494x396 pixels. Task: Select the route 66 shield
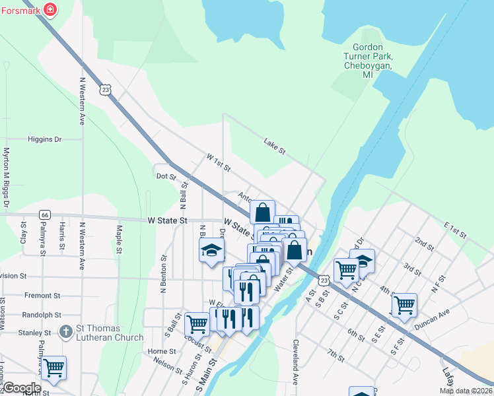coord(44,214)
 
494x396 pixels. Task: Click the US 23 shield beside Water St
coord(322,280)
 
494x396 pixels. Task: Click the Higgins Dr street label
coord(44,139)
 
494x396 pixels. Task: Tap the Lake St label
coord(274,146)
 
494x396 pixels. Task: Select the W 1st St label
coord(218,162)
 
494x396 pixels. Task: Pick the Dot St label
coord(166,176)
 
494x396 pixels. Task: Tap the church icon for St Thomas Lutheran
coord(65,331)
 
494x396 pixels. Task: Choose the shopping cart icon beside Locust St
coord(197,323)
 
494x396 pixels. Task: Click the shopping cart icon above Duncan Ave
coord(404,304)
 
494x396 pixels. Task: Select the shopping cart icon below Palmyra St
coord(53,366)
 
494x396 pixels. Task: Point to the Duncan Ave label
coord(432,319)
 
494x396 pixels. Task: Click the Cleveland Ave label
coord(295,362)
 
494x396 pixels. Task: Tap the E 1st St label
coord(455,230)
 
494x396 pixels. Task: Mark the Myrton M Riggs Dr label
coord(6,178)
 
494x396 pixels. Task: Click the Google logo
coord(21,388)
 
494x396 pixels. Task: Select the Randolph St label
coord(41,315)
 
